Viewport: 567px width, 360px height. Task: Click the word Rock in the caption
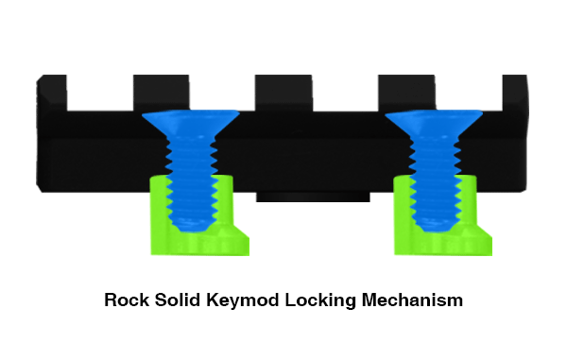click(127, 300)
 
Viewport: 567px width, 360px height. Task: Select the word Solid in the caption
click(178, 300)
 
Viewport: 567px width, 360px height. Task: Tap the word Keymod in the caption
click(243, 300)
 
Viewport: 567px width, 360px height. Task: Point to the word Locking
click(320, 300)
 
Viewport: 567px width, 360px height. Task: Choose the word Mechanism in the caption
click(412, 300)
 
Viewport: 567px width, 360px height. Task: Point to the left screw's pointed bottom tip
click(190, 231)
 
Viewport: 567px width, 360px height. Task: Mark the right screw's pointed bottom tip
click(435, 231)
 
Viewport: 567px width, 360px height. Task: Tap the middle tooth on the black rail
click(283, 93)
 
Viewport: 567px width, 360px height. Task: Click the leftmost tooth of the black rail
click(52, 93)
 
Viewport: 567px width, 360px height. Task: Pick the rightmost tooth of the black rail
click(515, 93)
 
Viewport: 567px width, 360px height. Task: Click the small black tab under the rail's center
click(313, 197)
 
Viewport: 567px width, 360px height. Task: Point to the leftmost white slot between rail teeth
click(100, 93)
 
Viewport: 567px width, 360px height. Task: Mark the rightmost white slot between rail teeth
click(469, 93)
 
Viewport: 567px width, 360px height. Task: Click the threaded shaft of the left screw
click(191, 180)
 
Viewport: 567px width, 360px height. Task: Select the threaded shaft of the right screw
click(435, 180)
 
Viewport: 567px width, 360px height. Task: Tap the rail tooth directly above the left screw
click(162, 93)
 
